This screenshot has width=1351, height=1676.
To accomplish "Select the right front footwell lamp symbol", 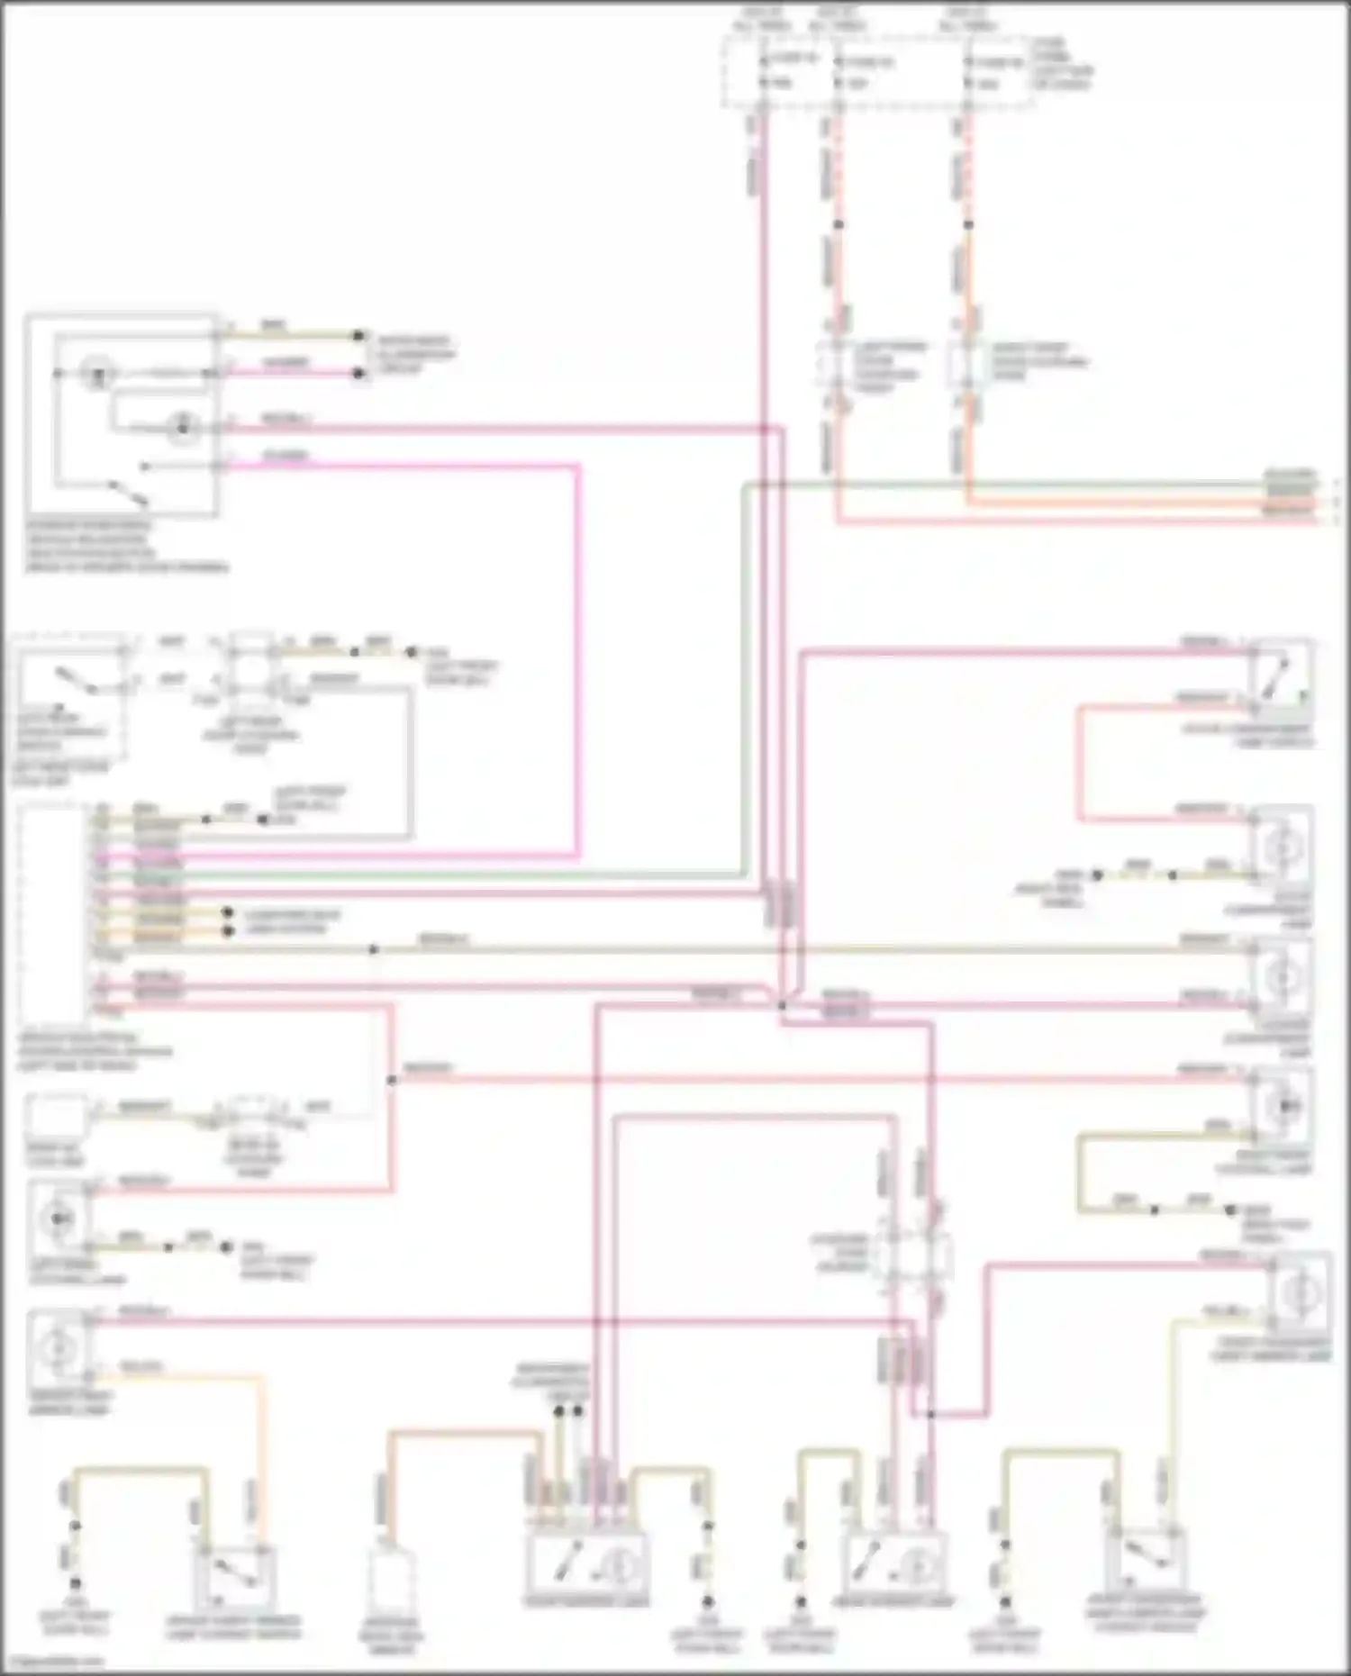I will [1283, 1104].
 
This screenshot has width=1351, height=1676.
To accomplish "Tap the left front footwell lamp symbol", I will [59, 1218].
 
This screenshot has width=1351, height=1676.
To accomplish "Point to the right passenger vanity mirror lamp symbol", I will [1298, 1293].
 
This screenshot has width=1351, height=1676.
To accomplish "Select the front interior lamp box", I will [585, 1565].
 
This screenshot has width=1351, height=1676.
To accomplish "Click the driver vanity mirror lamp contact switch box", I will [234, 1579].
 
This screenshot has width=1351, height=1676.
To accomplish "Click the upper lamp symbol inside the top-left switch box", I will [96, 373].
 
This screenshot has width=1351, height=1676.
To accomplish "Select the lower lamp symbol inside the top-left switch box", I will [183, 428].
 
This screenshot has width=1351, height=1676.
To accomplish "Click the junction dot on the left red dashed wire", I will [838, 224].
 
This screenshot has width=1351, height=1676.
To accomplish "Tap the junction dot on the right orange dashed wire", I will [968, 224].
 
